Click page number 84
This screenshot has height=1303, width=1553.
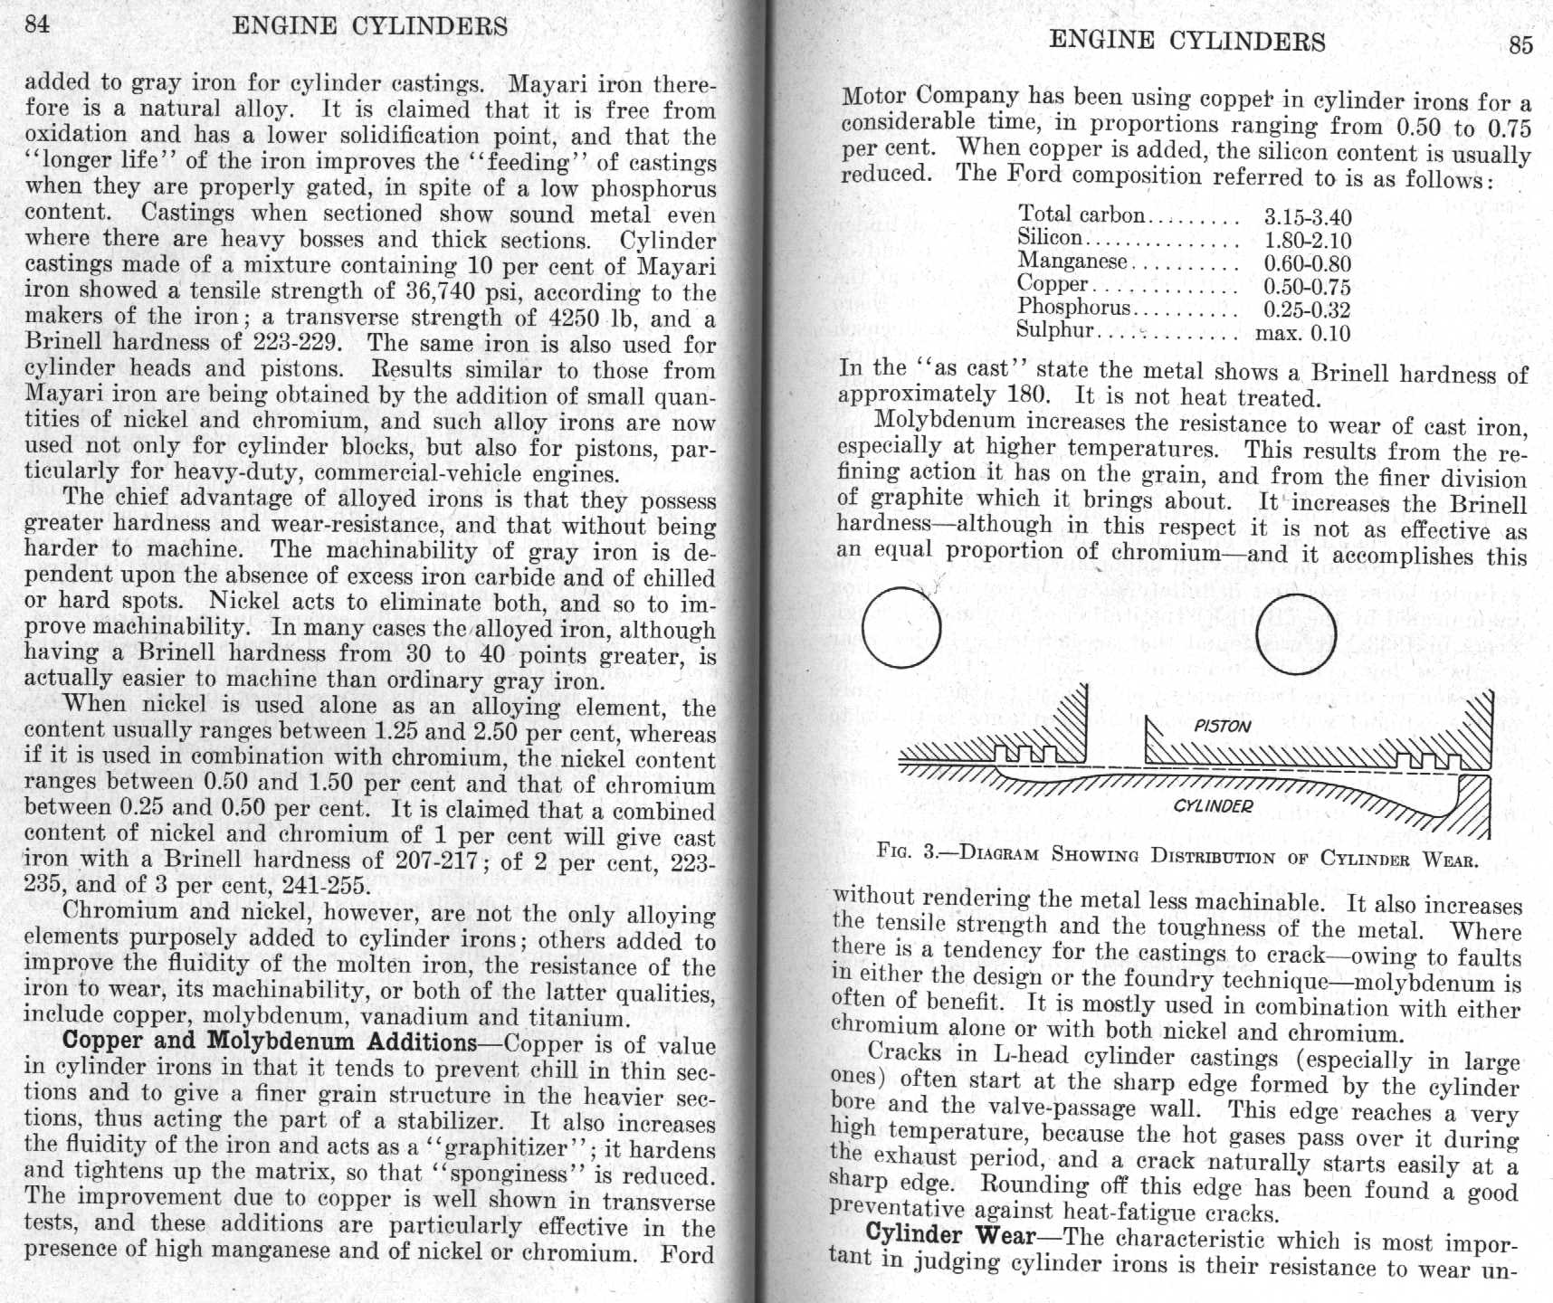point(37,24)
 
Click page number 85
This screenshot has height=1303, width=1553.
point(1520,45)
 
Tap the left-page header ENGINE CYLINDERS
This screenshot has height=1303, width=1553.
point(370,25)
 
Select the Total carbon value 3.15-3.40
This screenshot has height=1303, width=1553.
point(1307,218)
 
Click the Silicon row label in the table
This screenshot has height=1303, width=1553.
point(1049,238)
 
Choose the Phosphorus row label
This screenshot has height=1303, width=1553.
point(1073,308)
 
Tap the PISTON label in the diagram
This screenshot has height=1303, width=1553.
point(1222,726)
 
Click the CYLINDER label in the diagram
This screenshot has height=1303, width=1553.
point(1213,805)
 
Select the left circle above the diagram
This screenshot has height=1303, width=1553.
point(901,627)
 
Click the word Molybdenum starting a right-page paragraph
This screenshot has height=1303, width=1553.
point(945,421)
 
